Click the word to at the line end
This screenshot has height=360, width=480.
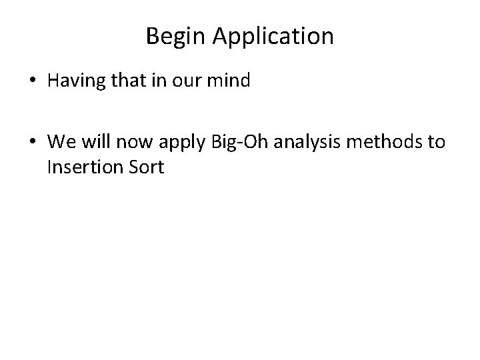click(435, 142)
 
